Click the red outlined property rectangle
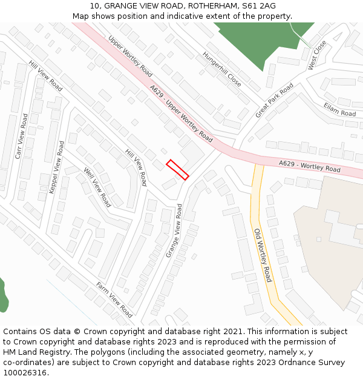click(x=178, y=169)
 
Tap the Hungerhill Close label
click(x=222, y=69)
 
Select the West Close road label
click(x=316, y=55)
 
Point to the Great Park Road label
click(x=274, y=101)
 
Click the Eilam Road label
click(x=339, y=109)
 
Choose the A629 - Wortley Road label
click(x=310, y=165)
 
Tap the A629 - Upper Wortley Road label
click(x=181, y=113)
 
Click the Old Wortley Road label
click(x=263, y=255)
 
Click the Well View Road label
click(x=97, y=187)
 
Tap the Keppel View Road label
click(x=56, y=167)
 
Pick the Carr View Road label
click(x=21, y=136)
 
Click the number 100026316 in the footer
click(x=25, y=373)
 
